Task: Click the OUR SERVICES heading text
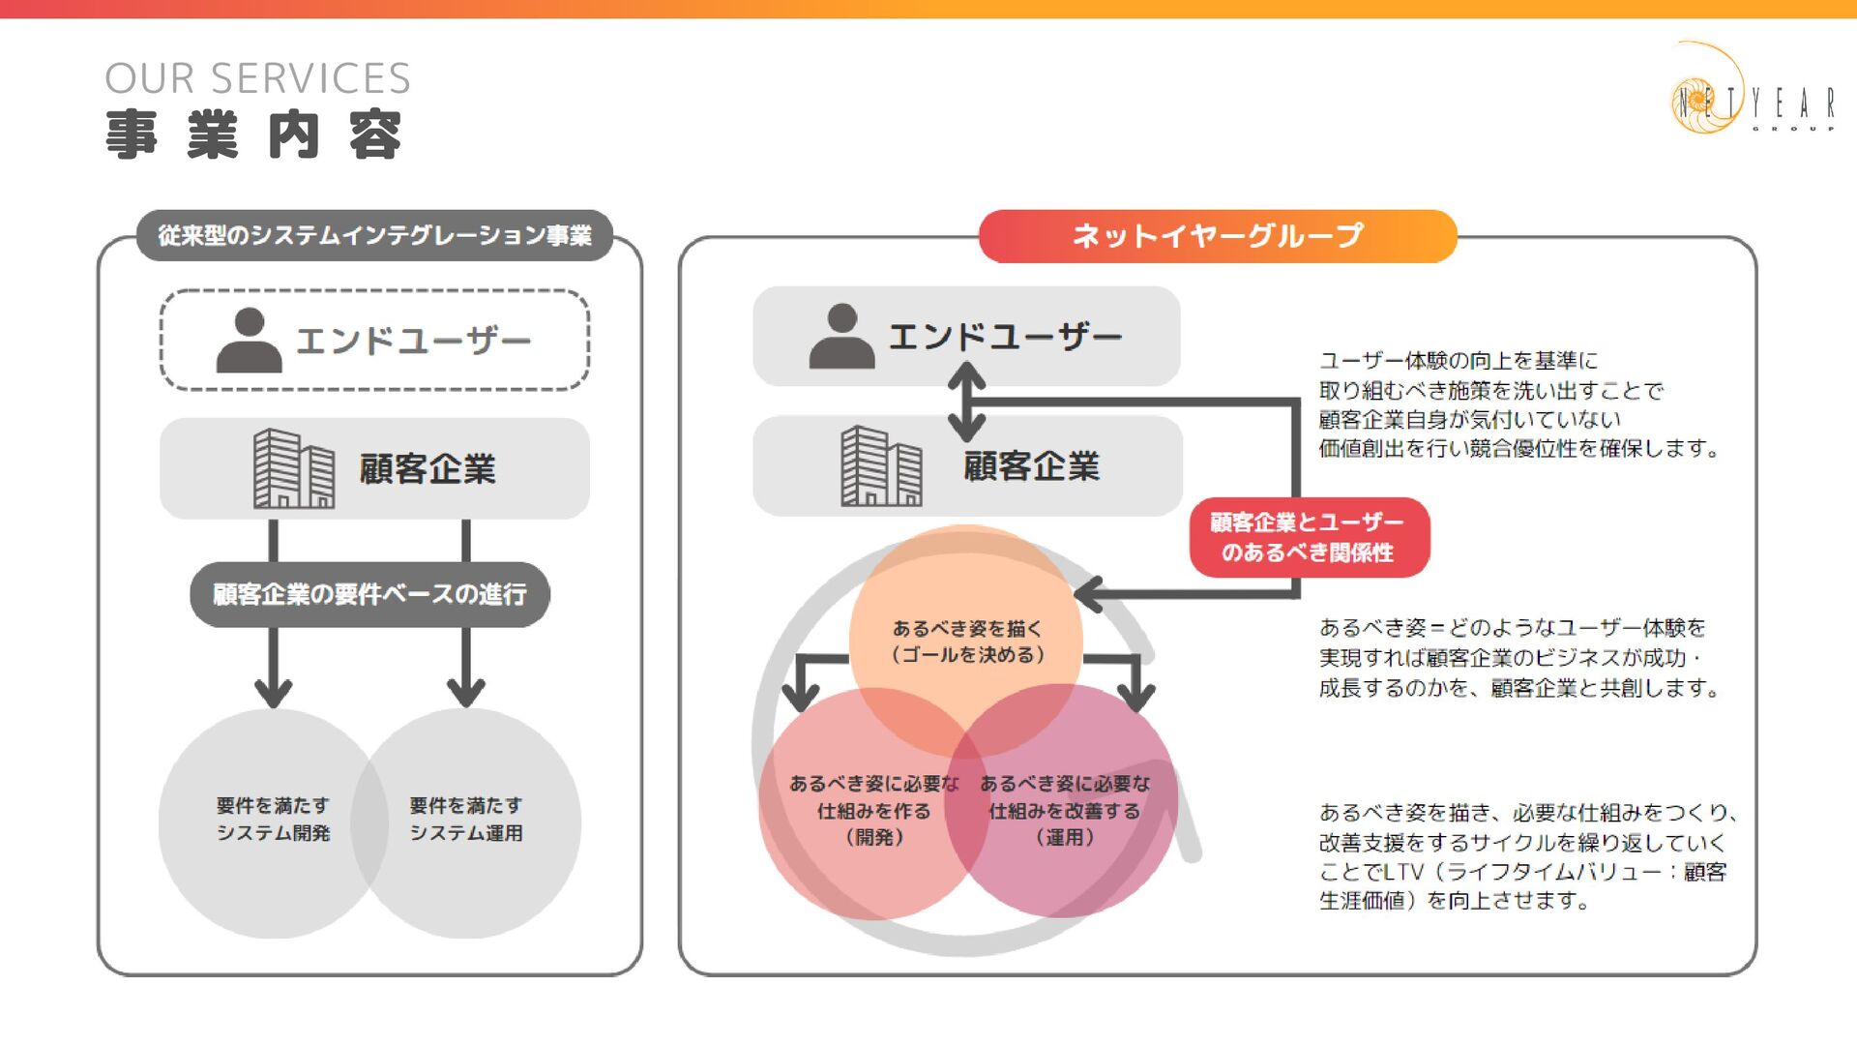coord(257,78)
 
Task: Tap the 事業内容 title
coord(253,134)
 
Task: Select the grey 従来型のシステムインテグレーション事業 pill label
coord(374,235)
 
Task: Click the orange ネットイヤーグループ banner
coord(1217,235)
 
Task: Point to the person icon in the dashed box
coord(249,341)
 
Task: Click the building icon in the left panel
coord(293,469)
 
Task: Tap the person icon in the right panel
coord(841,337)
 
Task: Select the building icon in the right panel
coord(880,466)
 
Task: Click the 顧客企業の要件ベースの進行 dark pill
coord(369,594)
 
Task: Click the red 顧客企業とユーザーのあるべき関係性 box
coord(1309,537)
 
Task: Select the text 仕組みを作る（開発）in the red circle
coord(873,823)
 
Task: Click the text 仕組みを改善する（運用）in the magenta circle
coord(1064,823)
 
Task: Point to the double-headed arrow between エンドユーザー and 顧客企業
coord(966,402)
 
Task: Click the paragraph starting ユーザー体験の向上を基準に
coord(1518,404)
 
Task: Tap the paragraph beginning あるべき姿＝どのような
coord(1518,658)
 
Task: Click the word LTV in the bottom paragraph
coord(1403,872)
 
